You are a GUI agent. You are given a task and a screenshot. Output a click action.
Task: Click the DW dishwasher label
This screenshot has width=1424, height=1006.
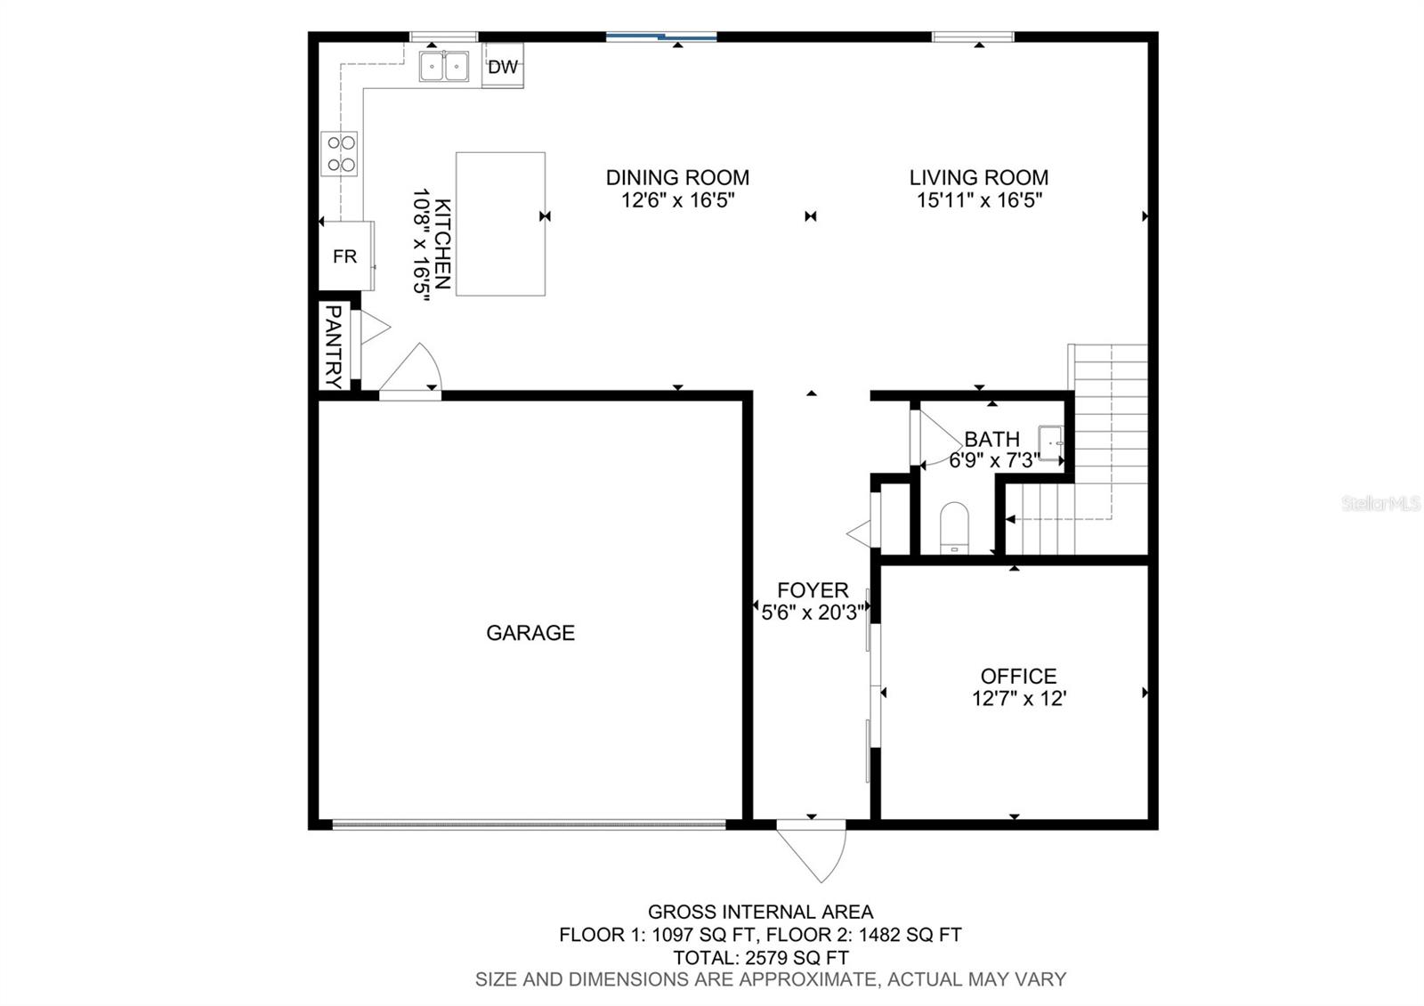502,66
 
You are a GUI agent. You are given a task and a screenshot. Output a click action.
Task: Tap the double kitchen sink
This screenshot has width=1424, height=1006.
444,66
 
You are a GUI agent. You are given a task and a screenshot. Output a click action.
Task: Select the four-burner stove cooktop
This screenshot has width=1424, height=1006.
339,153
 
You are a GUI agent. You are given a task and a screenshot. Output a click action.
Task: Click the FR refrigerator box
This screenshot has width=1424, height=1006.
345,256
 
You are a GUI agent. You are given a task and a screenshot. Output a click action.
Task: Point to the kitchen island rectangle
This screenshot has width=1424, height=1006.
500,223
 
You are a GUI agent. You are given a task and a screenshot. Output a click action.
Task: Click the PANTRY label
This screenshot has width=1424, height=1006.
334,346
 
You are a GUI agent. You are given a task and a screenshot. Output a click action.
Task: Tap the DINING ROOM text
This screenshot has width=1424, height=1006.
677,177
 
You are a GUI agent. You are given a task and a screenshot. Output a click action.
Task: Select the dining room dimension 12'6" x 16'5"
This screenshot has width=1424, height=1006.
677,200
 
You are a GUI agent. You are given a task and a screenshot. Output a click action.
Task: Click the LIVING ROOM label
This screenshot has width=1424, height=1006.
979,177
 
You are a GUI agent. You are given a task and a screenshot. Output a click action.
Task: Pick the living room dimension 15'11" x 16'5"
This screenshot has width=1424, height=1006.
979,200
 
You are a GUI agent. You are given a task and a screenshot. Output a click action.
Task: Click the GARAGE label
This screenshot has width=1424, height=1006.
530,633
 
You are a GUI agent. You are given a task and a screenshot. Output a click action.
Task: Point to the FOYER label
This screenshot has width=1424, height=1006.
813,590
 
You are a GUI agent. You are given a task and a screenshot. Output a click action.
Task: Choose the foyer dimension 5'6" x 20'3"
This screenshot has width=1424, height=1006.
813,613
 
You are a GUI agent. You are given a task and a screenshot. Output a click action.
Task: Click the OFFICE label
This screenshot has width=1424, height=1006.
1018,676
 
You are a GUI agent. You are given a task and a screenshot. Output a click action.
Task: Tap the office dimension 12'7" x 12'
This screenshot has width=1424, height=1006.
1018,699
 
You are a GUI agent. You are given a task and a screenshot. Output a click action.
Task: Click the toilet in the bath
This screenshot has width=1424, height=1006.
954,528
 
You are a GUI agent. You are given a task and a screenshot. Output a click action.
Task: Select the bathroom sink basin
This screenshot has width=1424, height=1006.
1050,443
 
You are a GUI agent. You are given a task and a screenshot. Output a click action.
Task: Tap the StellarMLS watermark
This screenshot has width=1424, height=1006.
1380,504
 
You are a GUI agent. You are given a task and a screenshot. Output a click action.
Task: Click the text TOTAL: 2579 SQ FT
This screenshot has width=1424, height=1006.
760,958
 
